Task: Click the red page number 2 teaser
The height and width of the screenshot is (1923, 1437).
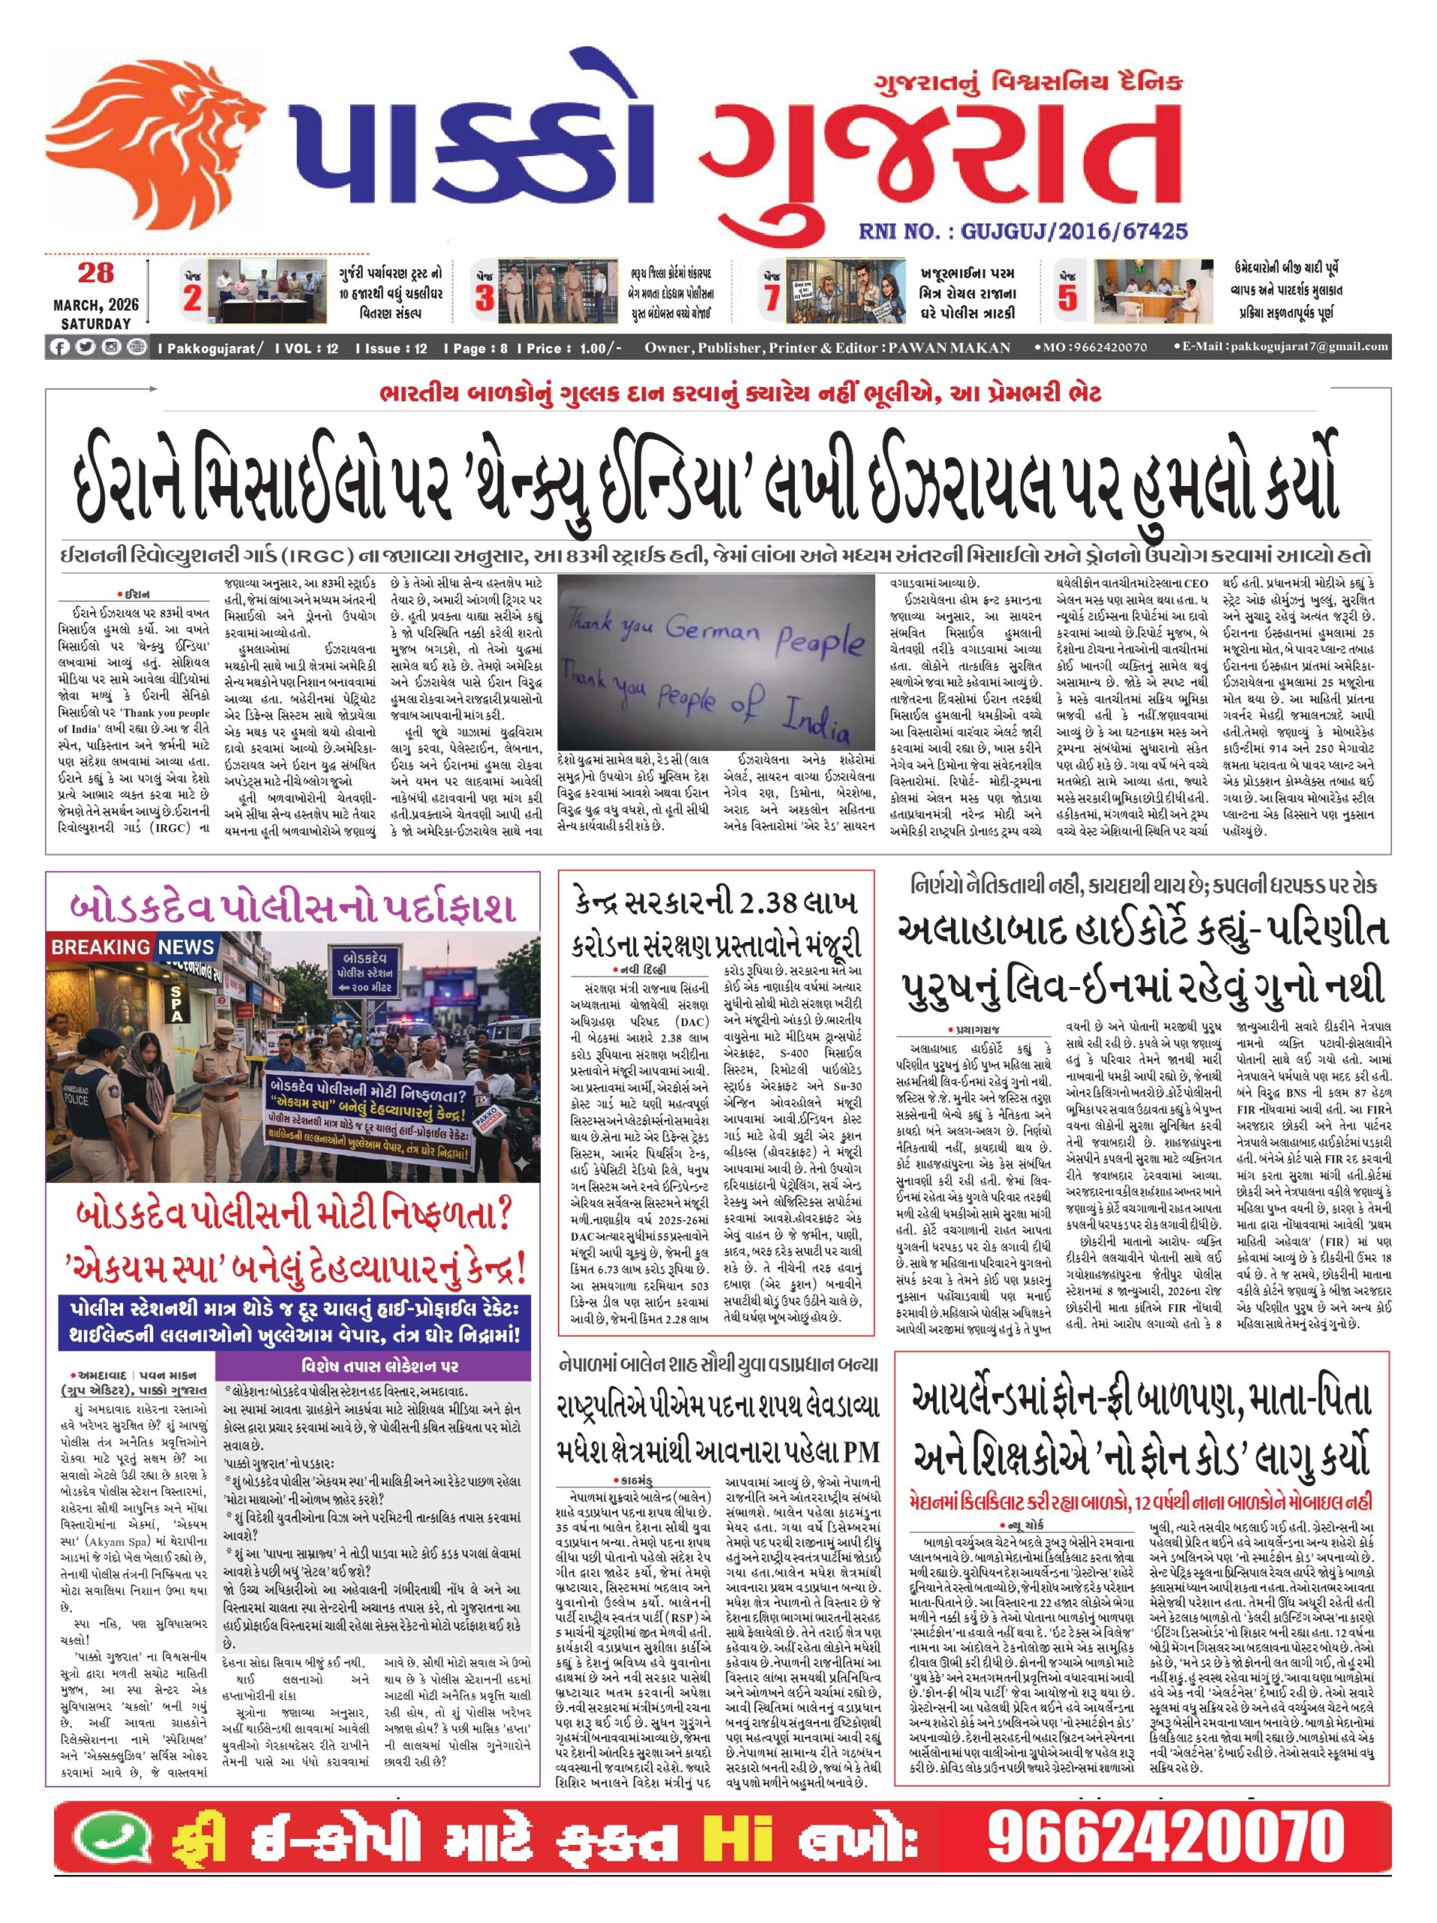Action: coord(192,298)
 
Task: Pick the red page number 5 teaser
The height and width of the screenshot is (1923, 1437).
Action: coord(1067,298)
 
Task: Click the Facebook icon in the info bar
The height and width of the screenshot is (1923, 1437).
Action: coord(59,348)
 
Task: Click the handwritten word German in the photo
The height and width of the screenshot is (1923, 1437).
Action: coord(712,626)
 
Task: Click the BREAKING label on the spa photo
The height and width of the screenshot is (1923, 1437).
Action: coord(100,946)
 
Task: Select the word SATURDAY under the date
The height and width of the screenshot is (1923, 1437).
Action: coord(95,324)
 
